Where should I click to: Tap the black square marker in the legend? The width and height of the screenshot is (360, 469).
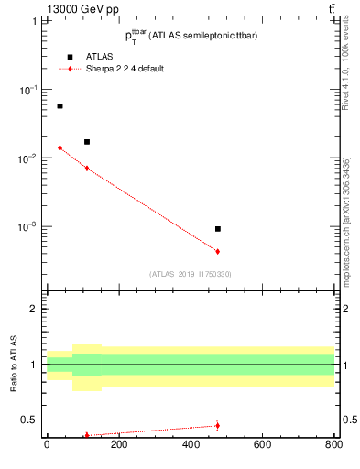(x=69, y=57)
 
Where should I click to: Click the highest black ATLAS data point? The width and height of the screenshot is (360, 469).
(x=60, y=106)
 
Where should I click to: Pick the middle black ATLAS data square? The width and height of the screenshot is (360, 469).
(x=87, y=142)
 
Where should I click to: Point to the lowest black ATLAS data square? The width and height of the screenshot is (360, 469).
(x=217, y=229)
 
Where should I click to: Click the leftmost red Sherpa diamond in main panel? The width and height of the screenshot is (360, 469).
(x=60, y=147)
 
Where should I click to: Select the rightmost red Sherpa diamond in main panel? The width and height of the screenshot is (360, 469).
(x=217, y=251)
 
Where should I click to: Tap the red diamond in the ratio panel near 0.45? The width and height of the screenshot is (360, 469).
(x=217, y=425)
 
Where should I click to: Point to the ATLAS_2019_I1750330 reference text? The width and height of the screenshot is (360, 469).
(x=190, y=274)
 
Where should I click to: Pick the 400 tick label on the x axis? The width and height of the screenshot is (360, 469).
(x=190, y=446)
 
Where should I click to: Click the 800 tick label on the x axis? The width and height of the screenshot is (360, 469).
(x=333, y=446)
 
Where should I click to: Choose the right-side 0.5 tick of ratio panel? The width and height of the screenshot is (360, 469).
(x=348, y=420)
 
